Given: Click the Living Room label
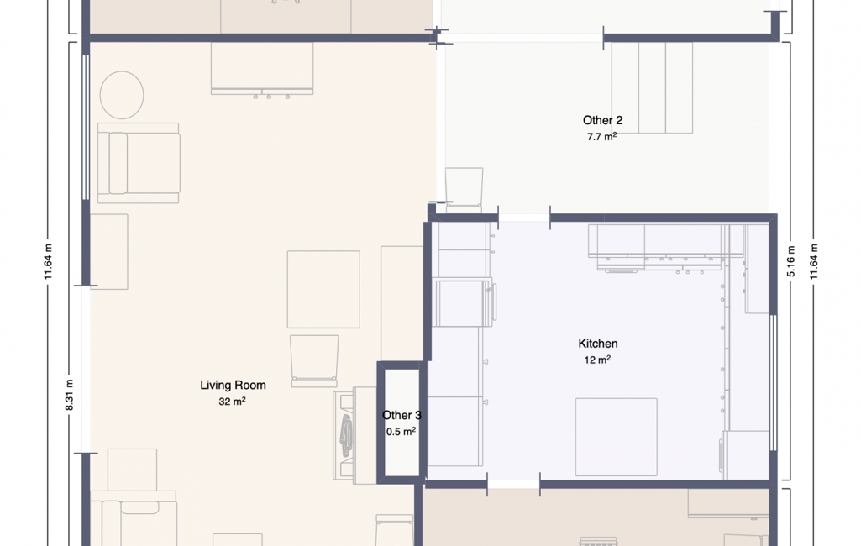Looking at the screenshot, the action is coord(233,385).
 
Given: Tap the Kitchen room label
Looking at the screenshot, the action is coord(598,344).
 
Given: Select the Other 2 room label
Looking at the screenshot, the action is coord(602,120).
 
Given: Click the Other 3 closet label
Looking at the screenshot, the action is coord(402,415).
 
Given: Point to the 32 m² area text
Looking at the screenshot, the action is coord(232,402).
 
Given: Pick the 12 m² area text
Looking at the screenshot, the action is coord(597,360).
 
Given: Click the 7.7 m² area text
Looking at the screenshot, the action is coord(601,137).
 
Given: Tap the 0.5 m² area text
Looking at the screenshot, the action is coord(401,432).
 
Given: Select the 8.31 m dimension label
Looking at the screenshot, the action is coord(69,395).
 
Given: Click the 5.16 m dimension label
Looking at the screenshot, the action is coord(791,261).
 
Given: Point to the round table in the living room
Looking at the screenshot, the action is coord(122,95).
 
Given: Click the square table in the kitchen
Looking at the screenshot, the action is coord(616,437).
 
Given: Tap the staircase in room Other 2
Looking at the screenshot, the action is coord(652,88).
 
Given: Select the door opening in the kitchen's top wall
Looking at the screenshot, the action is coord(524,218).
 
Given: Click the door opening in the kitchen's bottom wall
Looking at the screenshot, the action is coord(513,485).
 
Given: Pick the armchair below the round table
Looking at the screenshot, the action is coord(139,163).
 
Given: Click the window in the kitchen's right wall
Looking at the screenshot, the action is coord(773,383).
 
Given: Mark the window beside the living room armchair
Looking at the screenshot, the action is coord(86,128).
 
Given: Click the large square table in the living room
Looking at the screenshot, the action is coord(323,290).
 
